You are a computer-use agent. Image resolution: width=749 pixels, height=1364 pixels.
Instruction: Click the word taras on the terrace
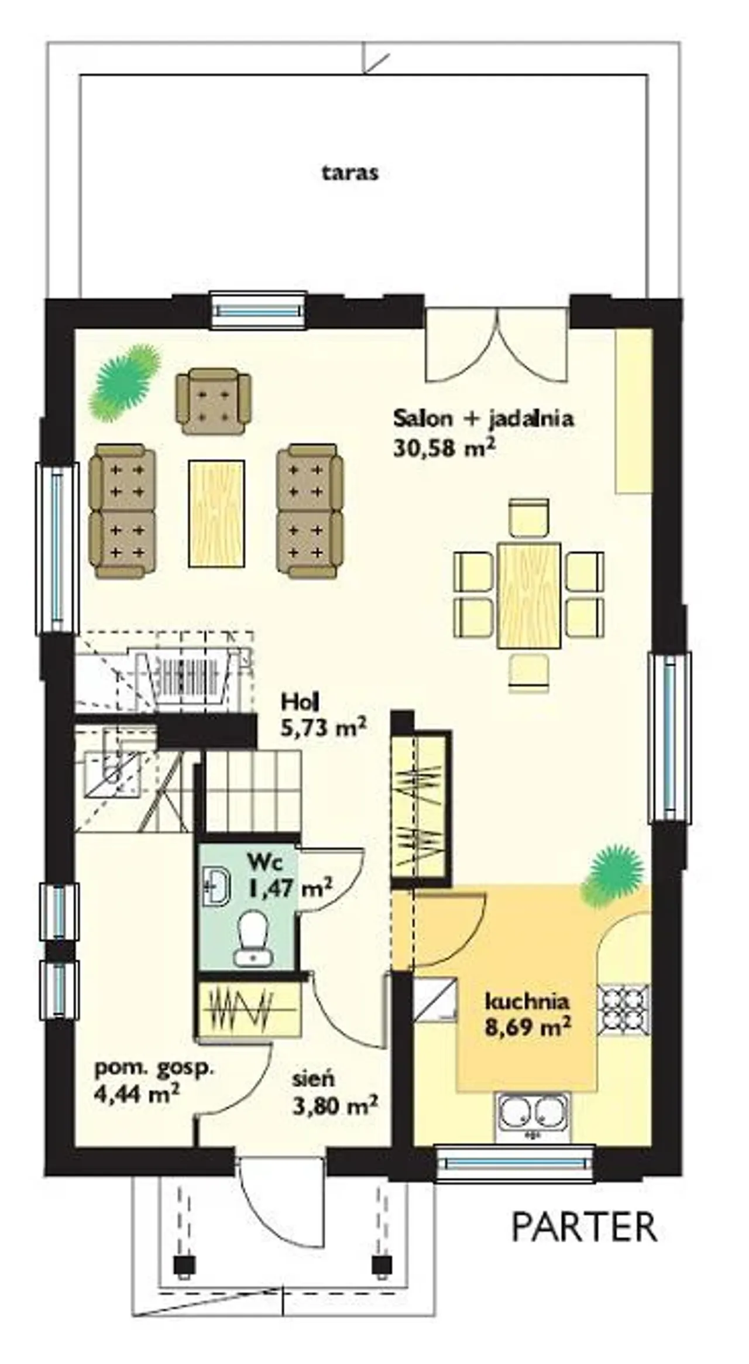coord(350,173)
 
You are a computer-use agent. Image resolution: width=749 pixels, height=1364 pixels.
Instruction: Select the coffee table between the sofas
coord(216,513)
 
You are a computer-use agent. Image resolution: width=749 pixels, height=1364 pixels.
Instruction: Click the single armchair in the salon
coord(214,401)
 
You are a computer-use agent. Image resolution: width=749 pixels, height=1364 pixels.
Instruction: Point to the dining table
coord(529,595)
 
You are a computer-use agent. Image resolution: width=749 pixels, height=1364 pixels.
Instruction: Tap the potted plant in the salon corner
coord(125,382)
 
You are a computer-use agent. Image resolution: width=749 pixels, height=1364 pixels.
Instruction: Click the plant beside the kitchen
coord(611,875)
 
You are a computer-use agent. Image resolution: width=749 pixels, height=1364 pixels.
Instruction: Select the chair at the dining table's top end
coord(529,517)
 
